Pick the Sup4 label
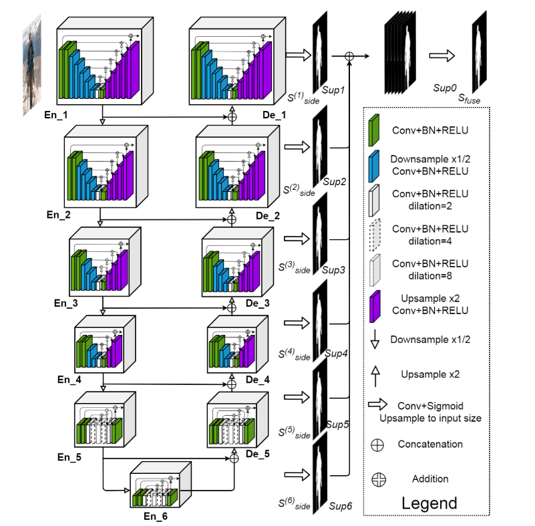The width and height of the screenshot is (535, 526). pos(336,352)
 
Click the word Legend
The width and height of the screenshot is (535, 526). pos(429,503)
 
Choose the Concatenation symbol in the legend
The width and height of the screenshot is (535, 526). pos(379,444)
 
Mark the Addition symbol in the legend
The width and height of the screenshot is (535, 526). pos(379,479)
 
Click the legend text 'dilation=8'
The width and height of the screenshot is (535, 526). pos(430,273)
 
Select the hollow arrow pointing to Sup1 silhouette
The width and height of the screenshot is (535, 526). pos(299,55)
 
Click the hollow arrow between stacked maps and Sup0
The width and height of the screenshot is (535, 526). pos(442,57)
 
